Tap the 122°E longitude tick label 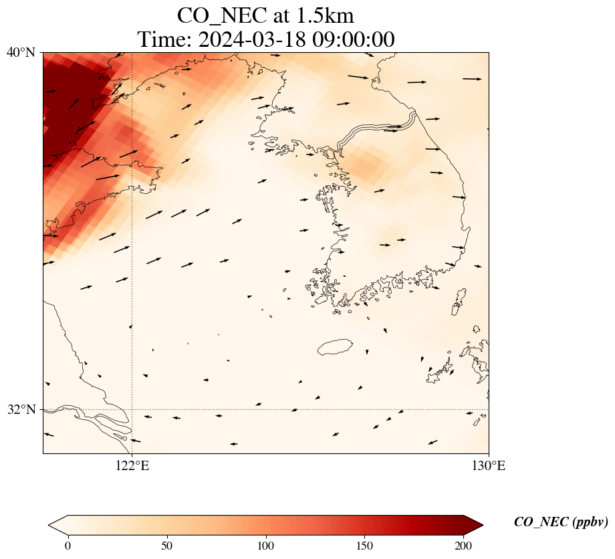click(132, 466)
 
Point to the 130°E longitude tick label click(489, 466)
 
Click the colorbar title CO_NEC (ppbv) click(560, 522)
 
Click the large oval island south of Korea click(335, 347)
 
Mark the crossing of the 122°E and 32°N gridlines click(132, 409)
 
